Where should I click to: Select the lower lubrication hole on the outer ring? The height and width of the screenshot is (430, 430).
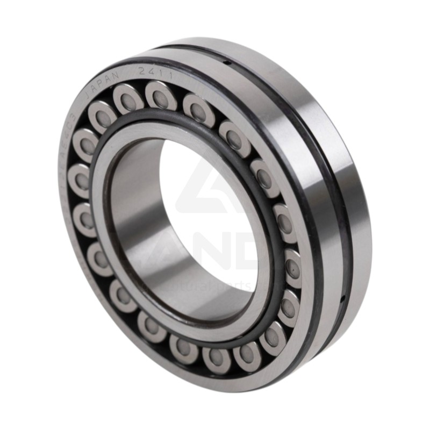click(342, 298)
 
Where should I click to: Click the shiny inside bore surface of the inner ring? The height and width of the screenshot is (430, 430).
click(140, 215)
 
